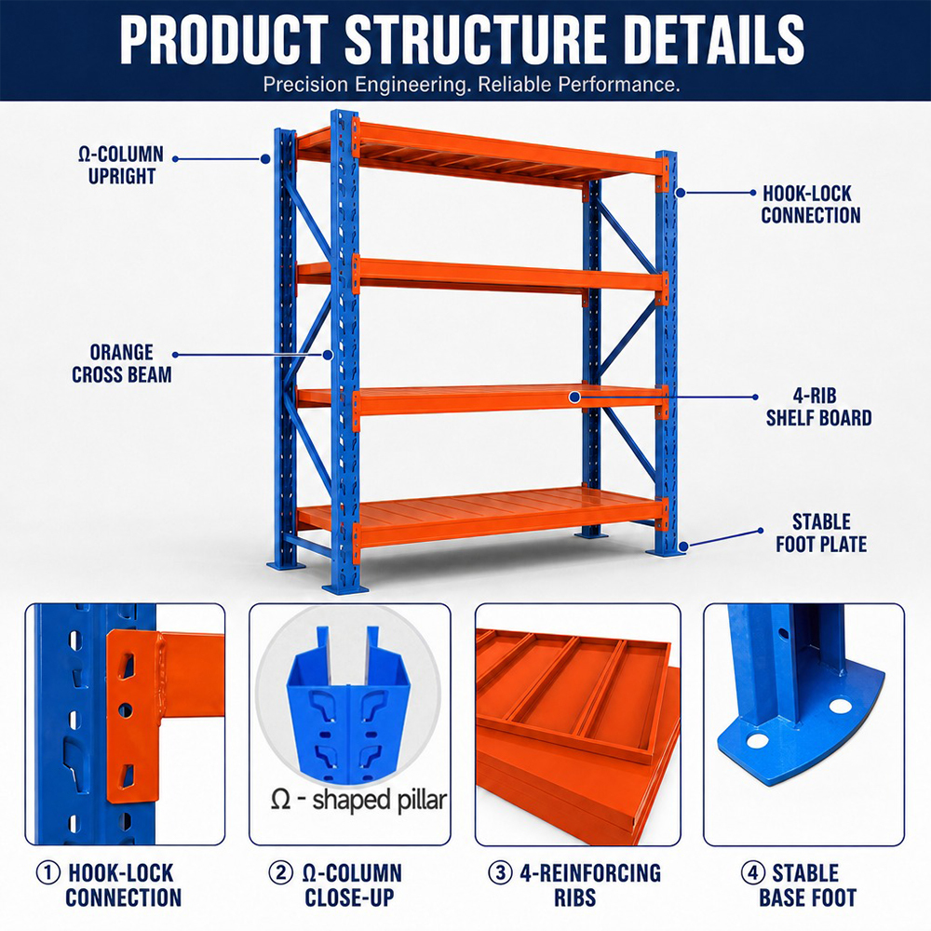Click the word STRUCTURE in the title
click(476, 39)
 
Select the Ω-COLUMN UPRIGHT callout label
click(121, 165)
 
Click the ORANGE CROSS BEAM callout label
click(122, 363)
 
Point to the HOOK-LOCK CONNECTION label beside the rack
click(811, 204)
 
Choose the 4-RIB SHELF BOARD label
click(818, 407)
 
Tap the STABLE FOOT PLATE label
click(821, 533)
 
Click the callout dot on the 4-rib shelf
click(574, 398)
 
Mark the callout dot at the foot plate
click(683, 546)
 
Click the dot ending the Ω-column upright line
click(265, 159)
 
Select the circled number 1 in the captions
click(48, 873)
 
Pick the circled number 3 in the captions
click(500, 873)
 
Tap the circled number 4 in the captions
click(753, 873)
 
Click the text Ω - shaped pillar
click(358, 800)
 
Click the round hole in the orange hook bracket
click(126, 710)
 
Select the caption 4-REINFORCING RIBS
click(574, 884)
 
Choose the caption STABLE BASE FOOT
click(807, 884)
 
